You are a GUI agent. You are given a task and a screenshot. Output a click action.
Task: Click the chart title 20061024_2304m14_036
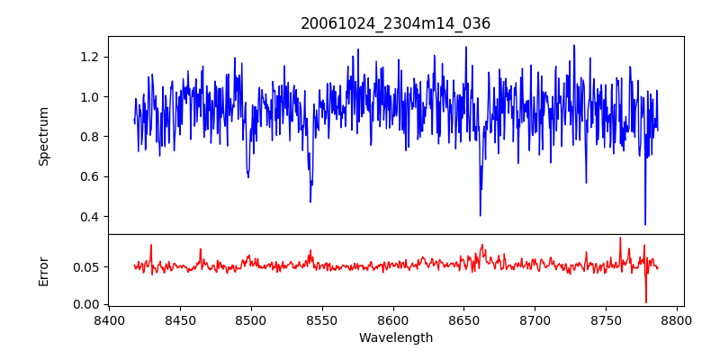coord(396,23)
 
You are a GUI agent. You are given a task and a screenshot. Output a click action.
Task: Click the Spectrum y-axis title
coord(44,136)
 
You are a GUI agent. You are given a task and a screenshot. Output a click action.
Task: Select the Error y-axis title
coord(44,270)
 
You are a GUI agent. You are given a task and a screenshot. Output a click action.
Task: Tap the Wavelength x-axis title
coord(396,338)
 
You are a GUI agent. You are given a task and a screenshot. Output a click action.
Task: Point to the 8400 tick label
coord(109,320)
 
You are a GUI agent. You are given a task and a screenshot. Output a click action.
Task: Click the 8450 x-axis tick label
coord(180,320)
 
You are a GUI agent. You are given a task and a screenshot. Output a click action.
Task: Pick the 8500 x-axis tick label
coord(251,320)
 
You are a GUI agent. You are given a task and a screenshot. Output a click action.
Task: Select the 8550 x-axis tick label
coord(322,320)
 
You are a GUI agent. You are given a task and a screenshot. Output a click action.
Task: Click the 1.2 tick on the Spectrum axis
coord(88,57)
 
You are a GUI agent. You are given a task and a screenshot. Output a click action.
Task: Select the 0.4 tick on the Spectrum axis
coord(88,216)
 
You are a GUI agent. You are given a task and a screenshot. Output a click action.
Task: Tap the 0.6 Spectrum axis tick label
coord(88,176)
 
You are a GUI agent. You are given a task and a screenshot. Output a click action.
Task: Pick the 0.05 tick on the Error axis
coord(85,267)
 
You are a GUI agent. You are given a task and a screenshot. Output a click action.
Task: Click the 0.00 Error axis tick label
coord(85,304)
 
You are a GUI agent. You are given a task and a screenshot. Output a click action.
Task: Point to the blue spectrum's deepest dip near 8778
coord(645,224)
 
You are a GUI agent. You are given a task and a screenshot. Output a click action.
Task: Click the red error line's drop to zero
coord(645,301)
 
